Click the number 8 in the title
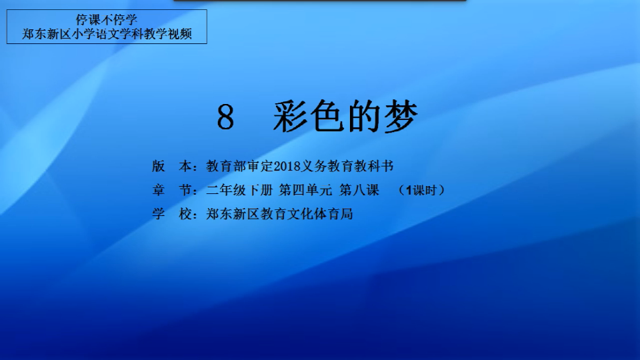coord(226,117)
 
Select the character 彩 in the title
coord(290,116)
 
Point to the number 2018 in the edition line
coord(287,167)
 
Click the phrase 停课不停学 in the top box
coord(107,19)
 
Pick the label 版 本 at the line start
coord(172,166)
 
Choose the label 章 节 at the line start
coord(172,190)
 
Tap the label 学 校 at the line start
coord(172,213)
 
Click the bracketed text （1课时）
coord(421,190)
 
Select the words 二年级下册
coord(239,190)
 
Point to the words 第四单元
coord(306,190)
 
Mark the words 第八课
coord(359,190)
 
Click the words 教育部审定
coord(239,166)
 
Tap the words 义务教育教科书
coord(347,166)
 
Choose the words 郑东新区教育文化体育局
coord(279,213)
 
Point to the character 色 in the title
coord(327,116)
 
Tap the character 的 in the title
coord(364,116)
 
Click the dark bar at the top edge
coord(319,1)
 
